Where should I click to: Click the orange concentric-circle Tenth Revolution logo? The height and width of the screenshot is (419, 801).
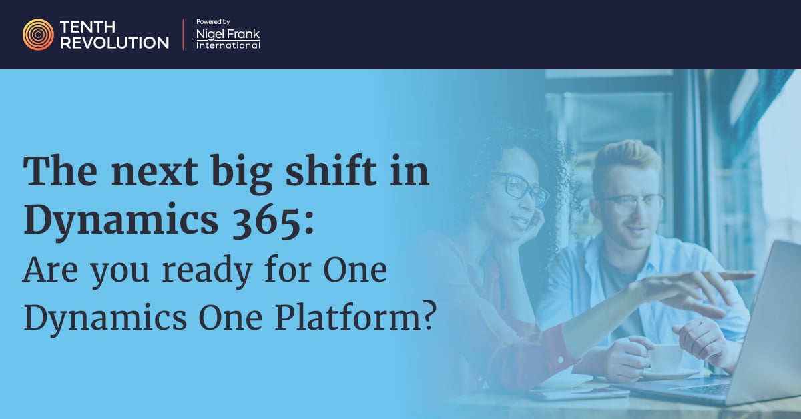coord(38,35)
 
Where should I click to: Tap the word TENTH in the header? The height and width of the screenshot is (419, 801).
coord(87,27)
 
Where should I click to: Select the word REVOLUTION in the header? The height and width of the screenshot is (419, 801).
coord(114,43)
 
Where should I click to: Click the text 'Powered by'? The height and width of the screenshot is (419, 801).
coord(213,22)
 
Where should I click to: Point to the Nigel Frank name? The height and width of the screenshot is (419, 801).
coord(228,34)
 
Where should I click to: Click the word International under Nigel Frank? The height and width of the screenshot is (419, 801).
coord(228,45)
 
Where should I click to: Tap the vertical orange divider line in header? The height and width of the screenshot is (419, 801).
coord(183,35)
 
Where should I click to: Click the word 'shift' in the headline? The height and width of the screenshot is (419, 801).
coord(332,171)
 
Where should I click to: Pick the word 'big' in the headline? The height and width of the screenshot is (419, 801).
coord(242,174)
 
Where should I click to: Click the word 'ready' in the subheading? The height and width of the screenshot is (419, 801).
coord(208,271)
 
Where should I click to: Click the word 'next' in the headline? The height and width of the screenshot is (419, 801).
coord(154,173)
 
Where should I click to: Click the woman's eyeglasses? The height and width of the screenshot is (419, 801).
coord(523,189)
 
